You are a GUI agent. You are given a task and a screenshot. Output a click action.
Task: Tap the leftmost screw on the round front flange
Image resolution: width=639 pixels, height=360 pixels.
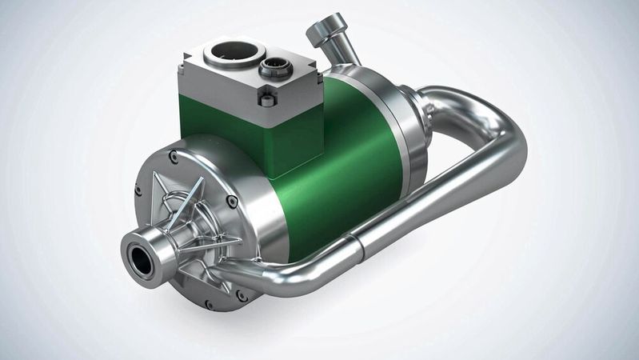[x=138, y=190]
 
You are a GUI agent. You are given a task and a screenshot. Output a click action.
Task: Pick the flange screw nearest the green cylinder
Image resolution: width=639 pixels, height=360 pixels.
[x=232, y=202]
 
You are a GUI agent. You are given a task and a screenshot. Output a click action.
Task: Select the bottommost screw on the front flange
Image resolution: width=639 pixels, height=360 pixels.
[x=209, y=304]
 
